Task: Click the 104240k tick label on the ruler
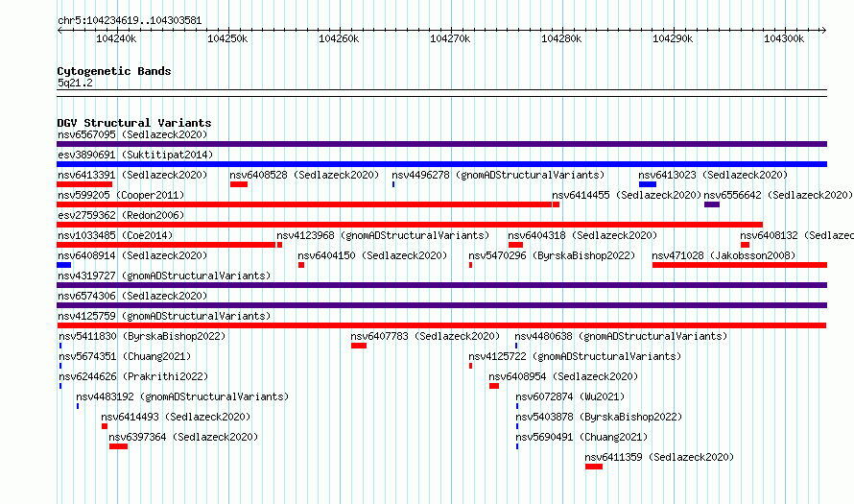tap(116, 38)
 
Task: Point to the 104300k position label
tap(784, 38)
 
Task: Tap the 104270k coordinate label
tap(450, 38)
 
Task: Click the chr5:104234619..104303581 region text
tap(130, 21)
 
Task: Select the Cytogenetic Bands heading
tap(114, 71)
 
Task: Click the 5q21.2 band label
tap(75, 83)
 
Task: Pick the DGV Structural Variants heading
tap(134, 123)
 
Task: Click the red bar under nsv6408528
tap(239, 184)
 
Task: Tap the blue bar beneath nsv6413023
tap(648, 184)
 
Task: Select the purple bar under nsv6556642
tap(712, 204)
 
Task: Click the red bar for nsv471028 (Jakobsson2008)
tap(740, 265)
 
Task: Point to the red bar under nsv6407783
tap(359, 346)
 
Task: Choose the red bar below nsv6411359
tap(594, 467)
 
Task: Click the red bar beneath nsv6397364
tap(118, 446)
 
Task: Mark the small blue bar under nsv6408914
tap(63, 265)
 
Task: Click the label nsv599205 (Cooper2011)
tap(121, 195)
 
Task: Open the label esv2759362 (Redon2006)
tap(121, 215)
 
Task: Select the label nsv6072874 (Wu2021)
tap(570, 396)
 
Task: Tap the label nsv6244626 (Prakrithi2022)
tap(133, 376)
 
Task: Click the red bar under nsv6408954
tap(494, 386)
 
